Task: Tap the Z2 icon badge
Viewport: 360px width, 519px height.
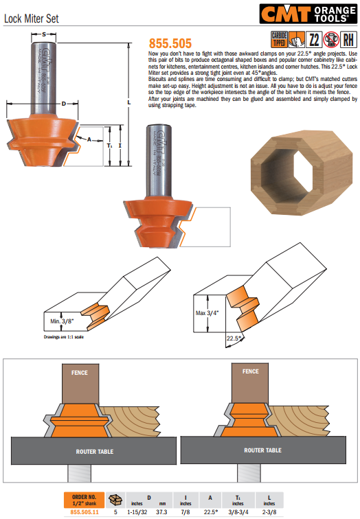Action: click(x=313, y=39)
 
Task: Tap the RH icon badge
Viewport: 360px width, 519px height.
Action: click(x=348, y=39)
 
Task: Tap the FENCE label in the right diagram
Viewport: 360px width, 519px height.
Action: click(x=250, y=371)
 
